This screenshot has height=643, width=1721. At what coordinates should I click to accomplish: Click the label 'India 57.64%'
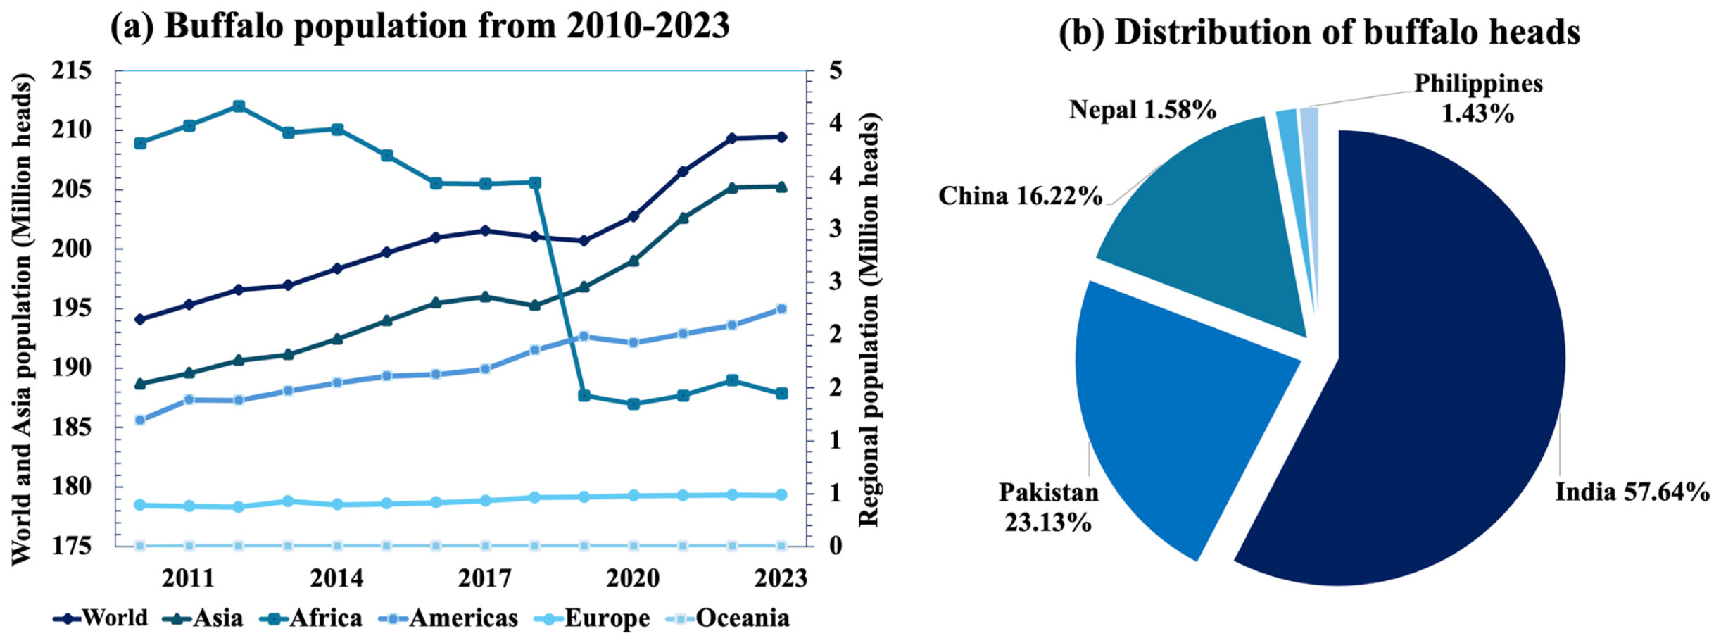point(1632,492)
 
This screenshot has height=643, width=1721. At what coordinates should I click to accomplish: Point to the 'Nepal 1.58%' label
point(1142,110)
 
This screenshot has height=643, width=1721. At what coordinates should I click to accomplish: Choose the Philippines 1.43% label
point(1478,98)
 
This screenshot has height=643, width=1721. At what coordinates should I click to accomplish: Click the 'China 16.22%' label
point(1020,195)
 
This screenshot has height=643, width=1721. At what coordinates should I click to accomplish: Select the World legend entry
point(101,618)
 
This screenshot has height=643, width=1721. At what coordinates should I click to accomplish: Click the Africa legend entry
point(311,618)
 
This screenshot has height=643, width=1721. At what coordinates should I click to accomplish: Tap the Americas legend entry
point(448,618)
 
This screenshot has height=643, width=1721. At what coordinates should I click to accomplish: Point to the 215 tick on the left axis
point(72,70)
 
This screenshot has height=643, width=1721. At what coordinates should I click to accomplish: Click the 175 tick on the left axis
point(72,546)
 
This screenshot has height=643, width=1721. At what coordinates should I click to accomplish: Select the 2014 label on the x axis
point(337,578)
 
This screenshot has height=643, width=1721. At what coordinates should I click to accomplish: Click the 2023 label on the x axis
point(781,578)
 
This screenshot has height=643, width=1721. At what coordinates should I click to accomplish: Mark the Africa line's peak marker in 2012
point(239,106)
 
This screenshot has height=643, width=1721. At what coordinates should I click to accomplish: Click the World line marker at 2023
point(781,137)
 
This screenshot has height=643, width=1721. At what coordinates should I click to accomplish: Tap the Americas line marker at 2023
point(781,308)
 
